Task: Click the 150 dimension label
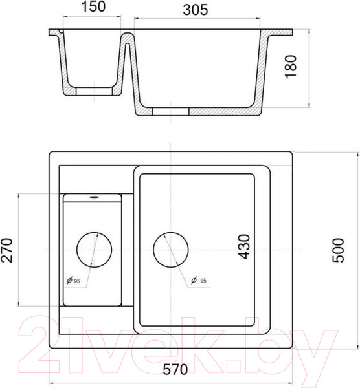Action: pos(93,6)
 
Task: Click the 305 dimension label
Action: pos(196,10)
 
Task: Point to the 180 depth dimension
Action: pos(291,67)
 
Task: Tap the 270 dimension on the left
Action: pos(6,250)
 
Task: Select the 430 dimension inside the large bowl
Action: pos(244,247)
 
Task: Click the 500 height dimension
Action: pos(338,250)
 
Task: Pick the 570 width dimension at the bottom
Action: pos(175,369)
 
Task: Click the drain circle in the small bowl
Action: pos(94,250)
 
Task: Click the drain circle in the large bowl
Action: pos(171,250)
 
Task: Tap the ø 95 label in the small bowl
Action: pos(73,281)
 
